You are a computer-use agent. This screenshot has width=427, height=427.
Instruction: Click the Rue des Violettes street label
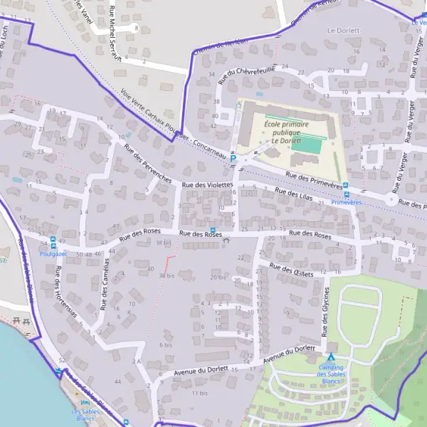pos(207,185)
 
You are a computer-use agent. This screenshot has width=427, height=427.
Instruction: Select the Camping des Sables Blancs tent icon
pos(330,357)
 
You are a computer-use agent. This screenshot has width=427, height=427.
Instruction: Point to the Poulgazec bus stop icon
pos(53,245)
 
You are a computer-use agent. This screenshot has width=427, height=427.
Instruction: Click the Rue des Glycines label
pos(327,312)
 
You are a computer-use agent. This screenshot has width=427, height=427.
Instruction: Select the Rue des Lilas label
pos(294,194)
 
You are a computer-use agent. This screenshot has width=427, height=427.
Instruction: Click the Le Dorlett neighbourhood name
pos(344,31)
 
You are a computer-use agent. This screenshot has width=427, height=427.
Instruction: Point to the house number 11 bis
pos(199,393)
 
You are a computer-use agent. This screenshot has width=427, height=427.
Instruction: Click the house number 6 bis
pos(166,344)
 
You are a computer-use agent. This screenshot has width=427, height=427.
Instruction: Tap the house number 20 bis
pos(217,277)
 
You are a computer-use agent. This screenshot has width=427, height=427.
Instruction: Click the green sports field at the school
pos(310,145)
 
